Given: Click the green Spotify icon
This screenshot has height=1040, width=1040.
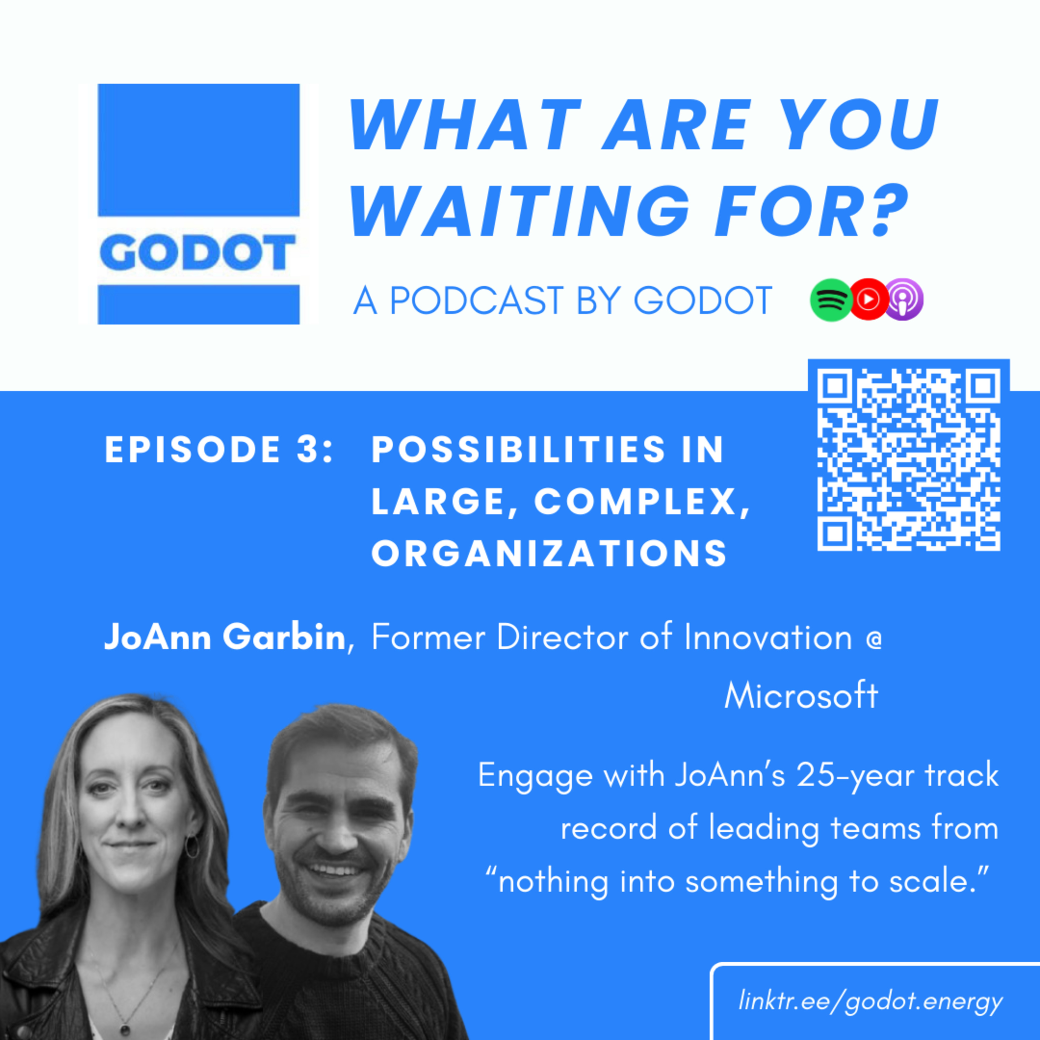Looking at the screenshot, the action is [x=832, y=300].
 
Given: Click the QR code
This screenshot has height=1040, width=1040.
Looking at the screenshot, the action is [x=909, y=460].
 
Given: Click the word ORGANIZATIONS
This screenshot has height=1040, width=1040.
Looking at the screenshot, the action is [x=549, y=553].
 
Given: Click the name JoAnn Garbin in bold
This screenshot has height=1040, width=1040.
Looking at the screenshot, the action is [x=225, y=638].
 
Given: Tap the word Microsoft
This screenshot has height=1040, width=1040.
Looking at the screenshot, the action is [x=801, y=696].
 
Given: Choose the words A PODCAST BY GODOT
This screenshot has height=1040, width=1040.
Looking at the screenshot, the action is [x=563, y=300].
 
